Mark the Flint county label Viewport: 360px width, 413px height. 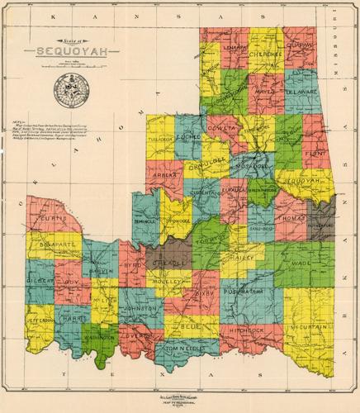(x=315, y=153)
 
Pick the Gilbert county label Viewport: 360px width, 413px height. (x=38, y=281)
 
